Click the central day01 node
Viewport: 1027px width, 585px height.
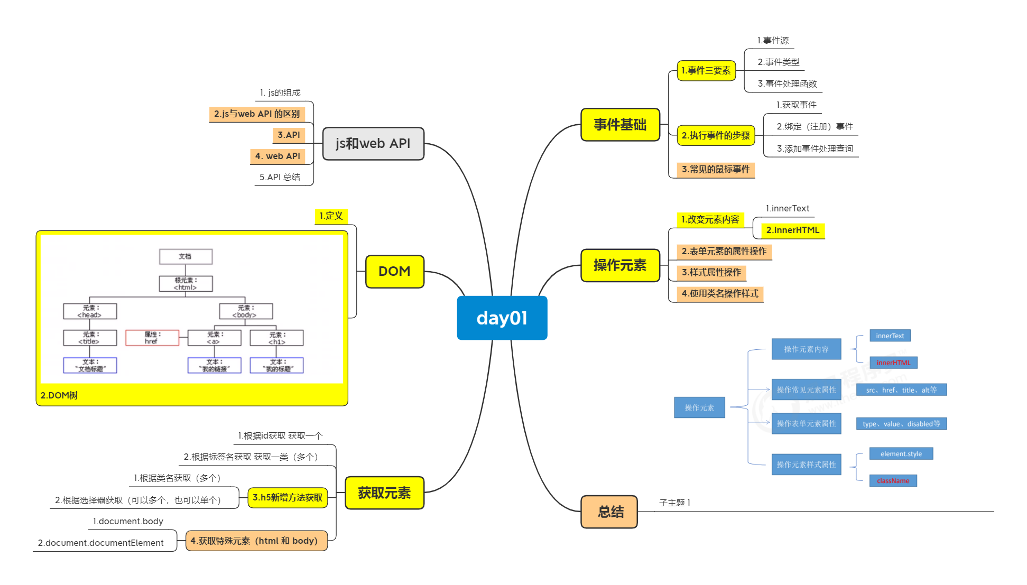pos(502,318)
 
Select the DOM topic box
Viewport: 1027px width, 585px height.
pos(394,271)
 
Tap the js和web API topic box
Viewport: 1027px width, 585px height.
pos(373,143)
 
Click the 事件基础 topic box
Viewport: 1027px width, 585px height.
pos(620,125)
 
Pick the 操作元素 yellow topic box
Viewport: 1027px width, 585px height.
pos(620,265)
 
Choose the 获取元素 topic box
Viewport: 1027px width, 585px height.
pos(384,493)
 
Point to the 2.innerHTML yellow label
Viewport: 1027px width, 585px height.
pos(792,230)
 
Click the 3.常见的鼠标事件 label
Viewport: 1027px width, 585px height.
pos(715,169)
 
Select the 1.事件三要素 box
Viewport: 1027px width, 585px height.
pos(706,70)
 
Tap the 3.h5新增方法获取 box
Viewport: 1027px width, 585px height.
pos(288,497)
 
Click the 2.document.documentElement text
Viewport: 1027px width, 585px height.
pos(100,543)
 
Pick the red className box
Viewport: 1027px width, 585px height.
pos(893,480)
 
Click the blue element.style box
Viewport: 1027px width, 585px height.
pos(901,453)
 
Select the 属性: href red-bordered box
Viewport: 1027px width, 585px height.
pos(152,338)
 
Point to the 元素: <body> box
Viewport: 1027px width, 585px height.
pos(246,311)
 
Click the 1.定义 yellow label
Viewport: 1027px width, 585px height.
pos(331,216)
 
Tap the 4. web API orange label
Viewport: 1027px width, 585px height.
pos(277,156)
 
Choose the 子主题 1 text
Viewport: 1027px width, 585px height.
pos(674,503)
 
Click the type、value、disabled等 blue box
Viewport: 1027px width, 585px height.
pos(901,423)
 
